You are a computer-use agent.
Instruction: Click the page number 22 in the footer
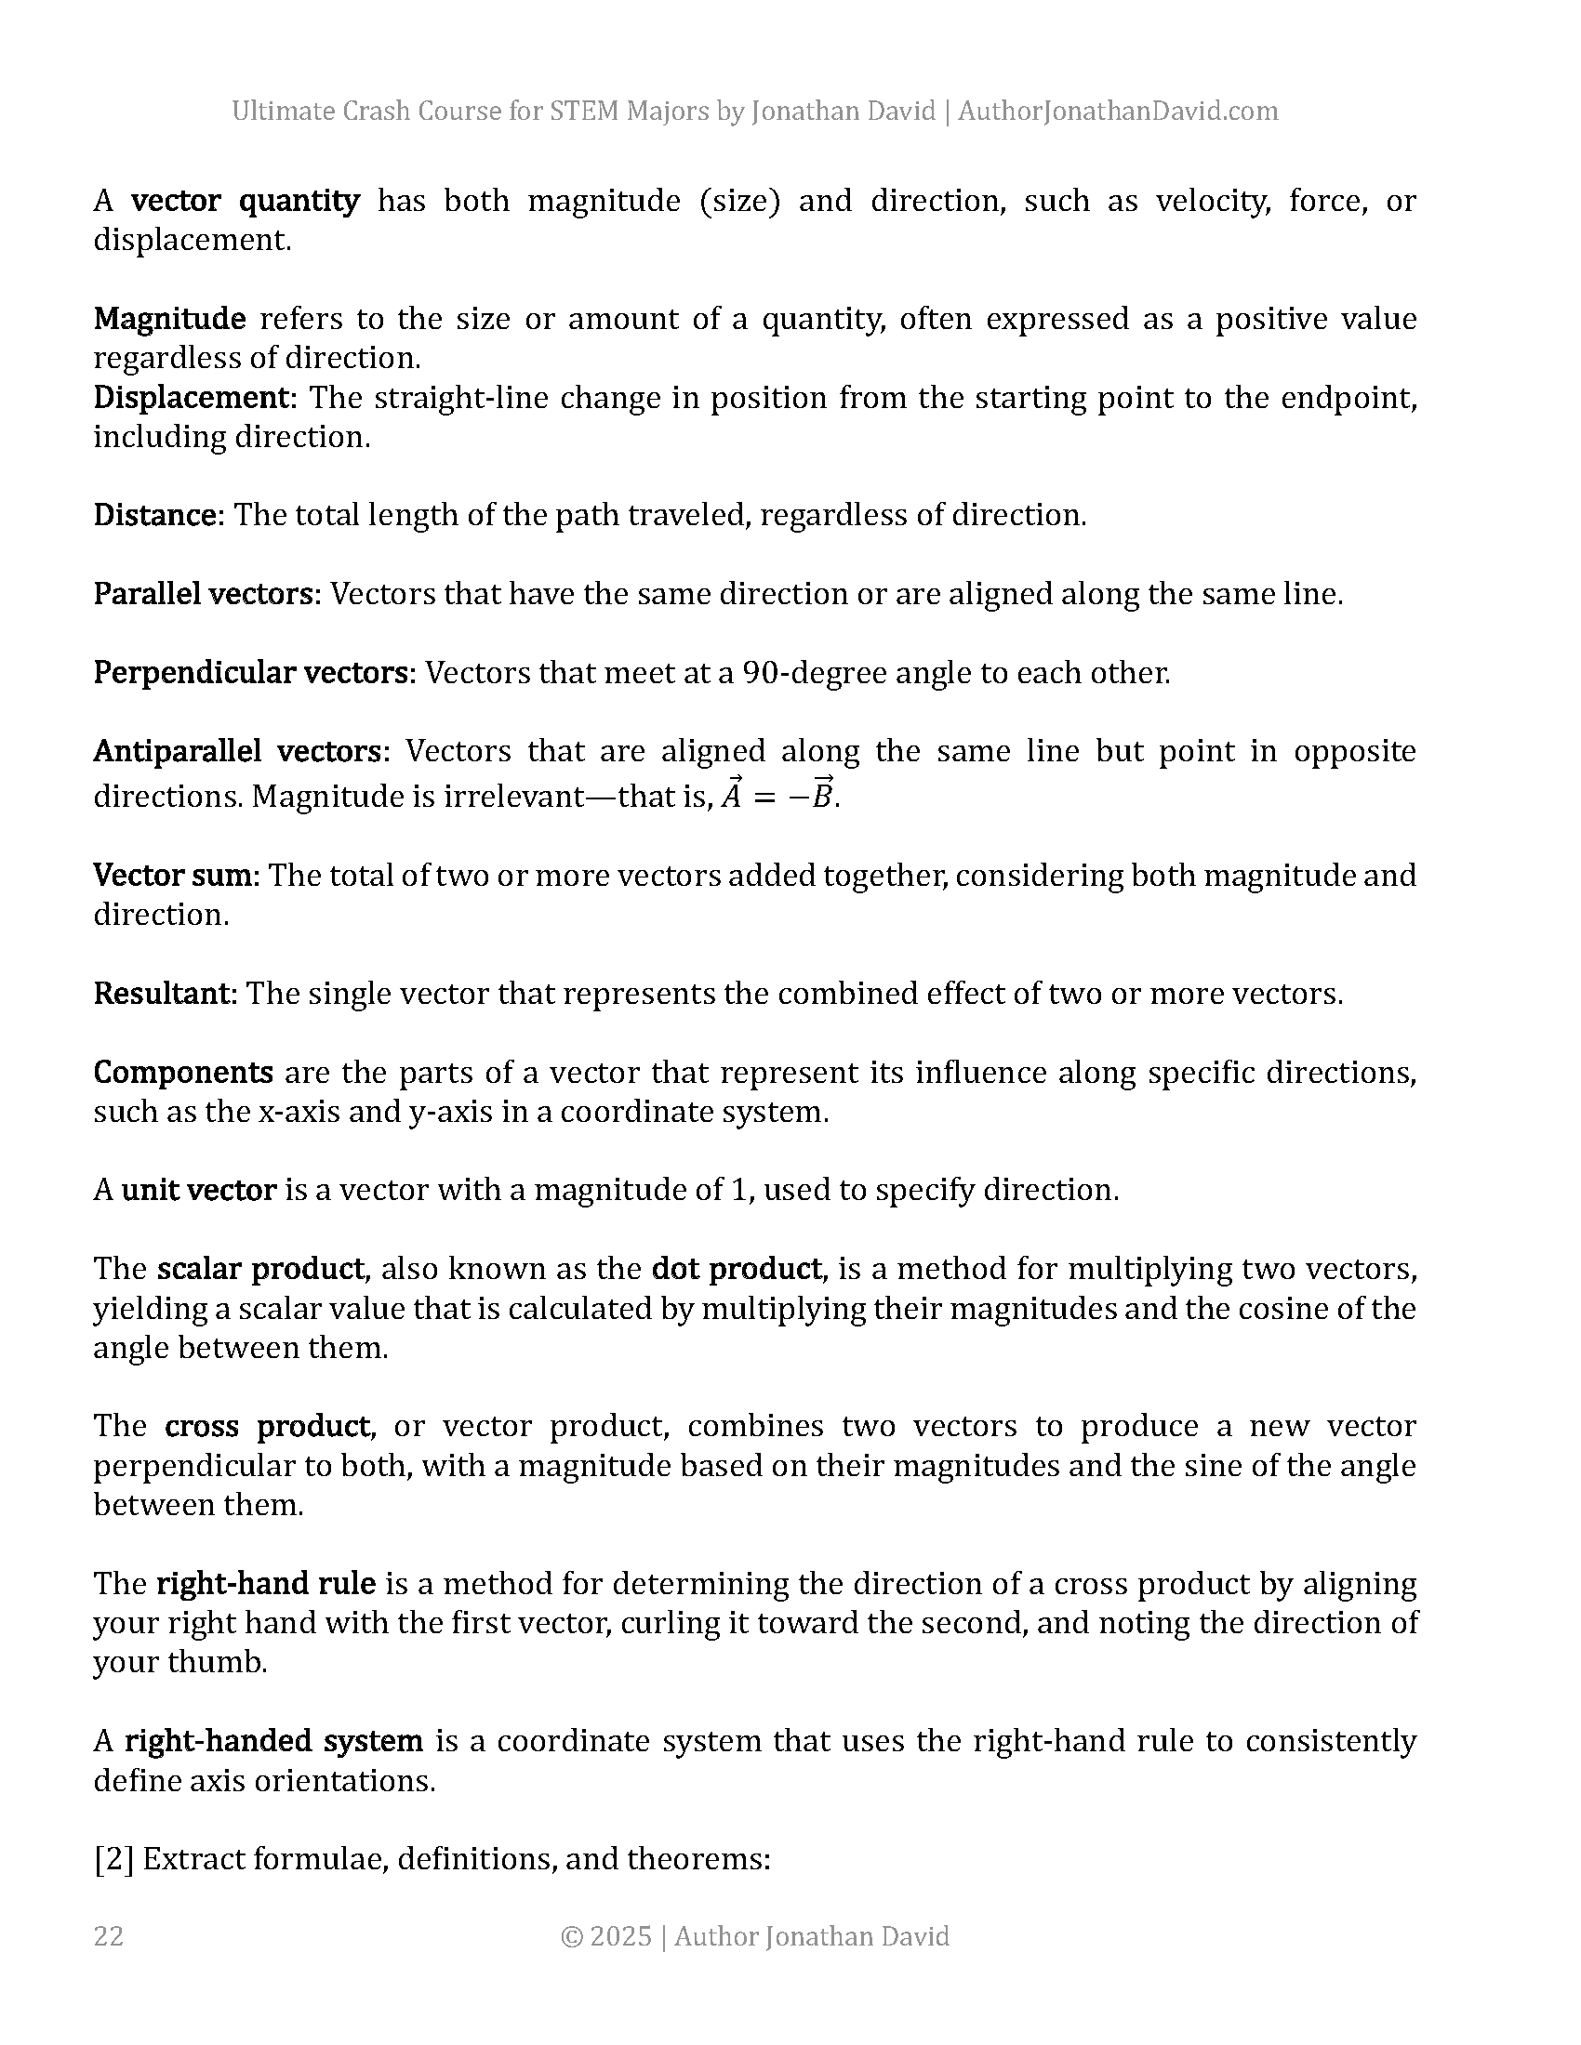point(109,1935)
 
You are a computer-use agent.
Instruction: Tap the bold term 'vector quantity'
point(246,201)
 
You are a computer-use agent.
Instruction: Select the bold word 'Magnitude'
point(169,318)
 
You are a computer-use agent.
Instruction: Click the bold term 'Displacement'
point(193,397)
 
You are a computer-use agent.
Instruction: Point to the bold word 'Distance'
point(156,515)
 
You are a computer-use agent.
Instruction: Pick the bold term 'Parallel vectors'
point(206,594)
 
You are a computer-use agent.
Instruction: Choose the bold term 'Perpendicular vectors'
point(252,672)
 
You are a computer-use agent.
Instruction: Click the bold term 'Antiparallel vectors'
point(238,751)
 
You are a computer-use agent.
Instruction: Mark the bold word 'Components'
point(182,1071)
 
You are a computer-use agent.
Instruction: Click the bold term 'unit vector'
point(199,1189)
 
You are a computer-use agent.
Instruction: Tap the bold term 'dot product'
point(737,1268)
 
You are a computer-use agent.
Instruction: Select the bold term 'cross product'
point(267,1425)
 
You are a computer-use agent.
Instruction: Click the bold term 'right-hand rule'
point(265,1582)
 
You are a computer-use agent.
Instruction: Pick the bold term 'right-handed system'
point(273,1740)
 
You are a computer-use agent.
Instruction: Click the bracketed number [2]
point(113,1858)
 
